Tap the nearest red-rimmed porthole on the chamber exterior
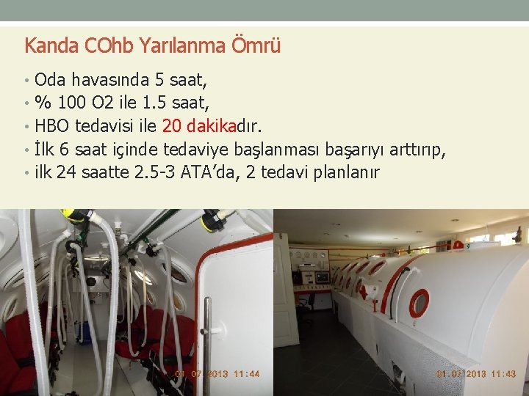419,303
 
